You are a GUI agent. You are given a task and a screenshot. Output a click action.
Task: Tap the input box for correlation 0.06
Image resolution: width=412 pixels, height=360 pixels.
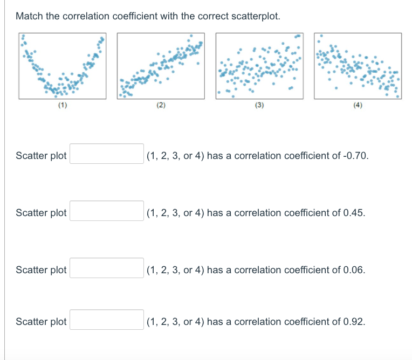[x=107, y=268]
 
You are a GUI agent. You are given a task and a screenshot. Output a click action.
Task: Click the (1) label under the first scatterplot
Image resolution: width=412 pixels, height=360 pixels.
[x=63, y=106]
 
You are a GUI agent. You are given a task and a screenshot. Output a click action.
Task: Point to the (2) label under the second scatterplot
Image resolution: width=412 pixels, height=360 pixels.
[x=161, y=106]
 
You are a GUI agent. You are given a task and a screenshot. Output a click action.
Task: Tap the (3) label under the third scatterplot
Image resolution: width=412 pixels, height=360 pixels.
[x=259, y=106]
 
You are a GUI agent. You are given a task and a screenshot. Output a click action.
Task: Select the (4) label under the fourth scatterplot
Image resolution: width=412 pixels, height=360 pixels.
[x=358, y=106]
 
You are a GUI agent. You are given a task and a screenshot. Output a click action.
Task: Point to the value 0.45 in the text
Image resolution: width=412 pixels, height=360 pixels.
[x=353, y=213]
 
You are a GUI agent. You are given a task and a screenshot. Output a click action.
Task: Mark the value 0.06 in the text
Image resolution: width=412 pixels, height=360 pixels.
[x=353, y=270]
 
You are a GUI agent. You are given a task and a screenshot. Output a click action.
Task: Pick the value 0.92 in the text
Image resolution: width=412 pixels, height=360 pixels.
[x=353, y=322]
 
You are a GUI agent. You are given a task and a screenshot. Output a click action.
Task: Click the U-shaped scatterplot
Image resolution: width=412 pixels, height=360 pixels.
[x=63, y=66]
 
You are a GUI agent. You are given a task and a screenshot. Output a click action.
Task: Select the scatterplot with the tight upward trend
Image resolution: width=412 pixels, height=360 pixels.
[x=161, y=66]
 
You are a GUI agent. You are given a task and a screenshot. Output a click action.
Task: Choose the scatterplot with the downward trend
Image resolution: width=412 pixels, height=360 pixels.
[x=358, y=66]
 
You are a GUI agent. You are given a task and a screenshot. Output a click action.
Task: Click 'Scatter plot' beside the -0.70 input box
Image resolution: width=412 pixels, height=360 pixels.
[x=41, y=156]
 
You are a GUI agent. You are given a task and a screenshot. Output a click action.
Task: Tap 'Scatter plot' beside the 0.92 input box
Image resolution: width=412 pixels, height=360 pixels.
[x=41, y=322]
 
